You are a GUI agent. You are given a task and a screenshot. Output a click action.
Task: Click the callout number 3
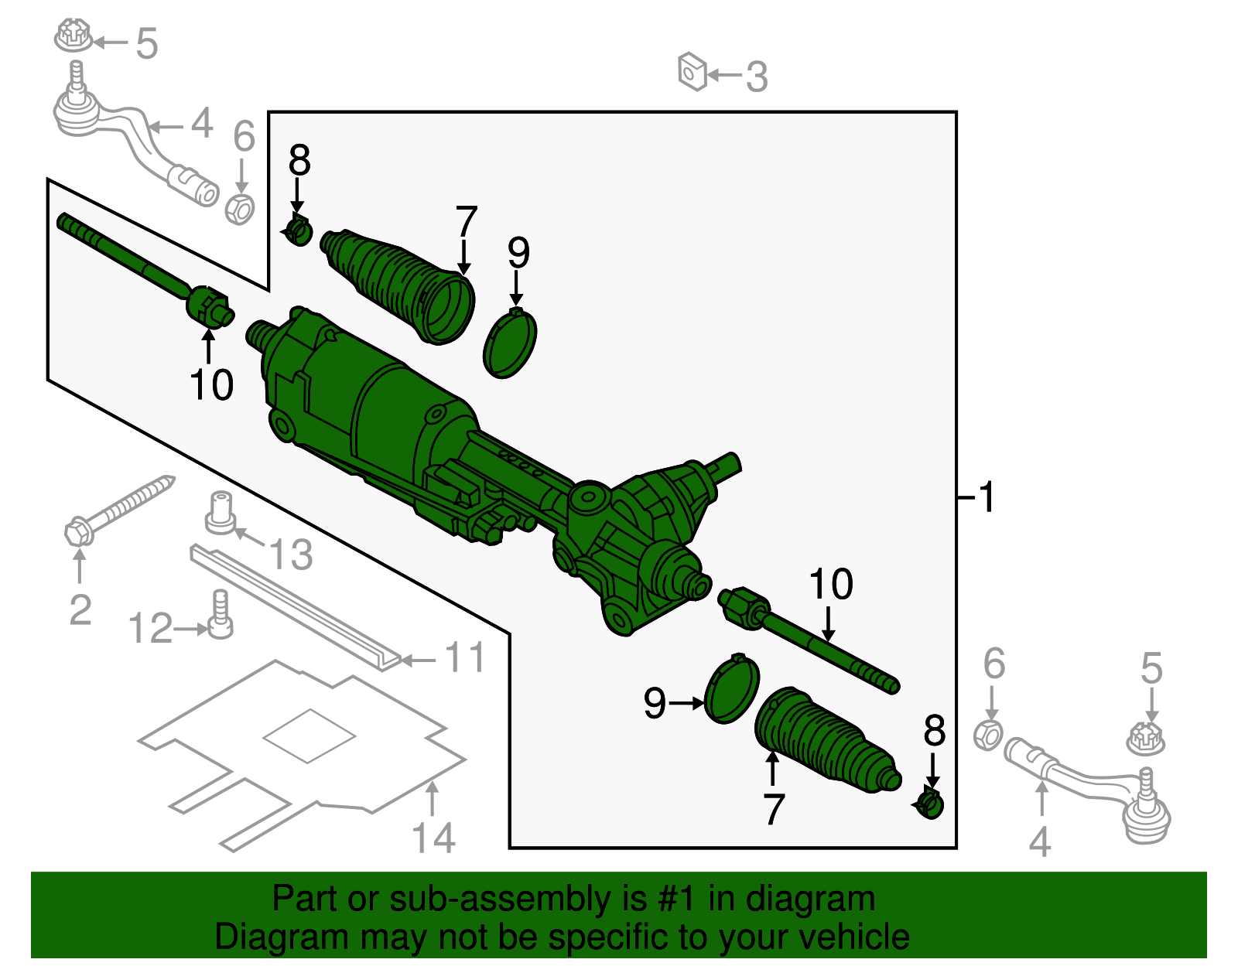(757, 77)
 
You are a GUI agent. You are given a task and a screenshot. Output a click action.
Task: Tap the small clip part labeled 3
(693, 72)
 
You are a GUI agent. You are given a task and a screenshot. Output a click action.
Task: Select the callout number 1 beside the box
(987, 497)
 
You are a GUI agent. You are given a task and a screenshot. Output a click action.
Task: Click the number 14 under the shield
(433, 838)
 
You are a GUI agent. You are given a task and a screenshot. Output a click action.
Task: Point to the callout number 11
(465, 658)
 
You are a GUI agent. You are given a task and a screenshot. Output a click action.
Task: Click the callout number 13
(290, 555)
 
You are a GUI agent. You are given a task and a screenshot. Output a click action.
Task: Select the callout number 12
(150, 629)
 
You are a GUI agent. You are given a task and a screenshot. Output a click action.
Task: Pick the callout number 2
(80, 610)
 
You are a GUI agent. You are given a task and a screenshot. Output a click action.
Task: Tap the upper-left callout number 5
(146, 43)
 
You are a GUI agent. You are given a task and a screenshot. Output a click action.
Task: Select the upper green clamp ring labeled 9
(510, 343)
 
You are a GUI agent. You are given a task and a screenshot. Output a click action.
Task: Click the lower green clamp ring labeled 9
(731, 689)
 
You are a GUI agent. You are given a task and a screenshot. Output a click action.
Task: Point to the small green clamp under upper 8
(299, 230)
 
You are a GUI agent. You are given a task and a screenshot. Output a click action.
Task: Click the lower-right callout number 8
(935, 731)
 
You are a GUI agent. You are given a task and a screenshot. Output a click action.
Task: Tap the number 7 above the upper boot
(466, 222)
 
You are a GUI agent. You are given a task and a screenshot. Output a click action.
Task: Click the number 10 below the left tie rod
(211, 384)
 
